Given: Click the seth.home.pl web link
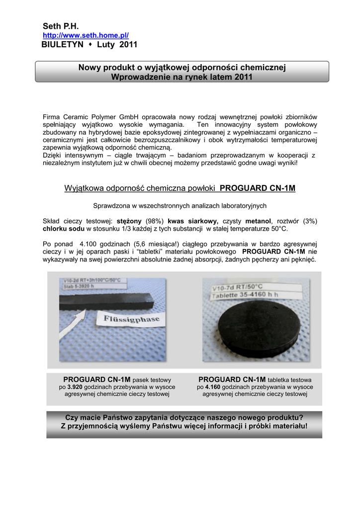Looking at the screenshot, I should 86,35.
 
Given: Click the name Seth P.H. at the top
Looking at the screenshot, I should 61,26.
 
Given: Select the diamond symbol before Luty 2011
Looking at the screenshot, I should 91,45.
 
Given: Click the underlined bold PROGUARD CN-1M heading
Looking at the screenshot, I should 258,188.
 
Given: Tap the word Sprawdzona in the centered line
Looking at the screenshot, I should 110,205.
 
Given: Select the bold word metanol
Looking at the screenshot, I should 258,221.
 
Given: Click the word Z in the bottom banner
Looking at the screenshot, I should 63,426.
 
